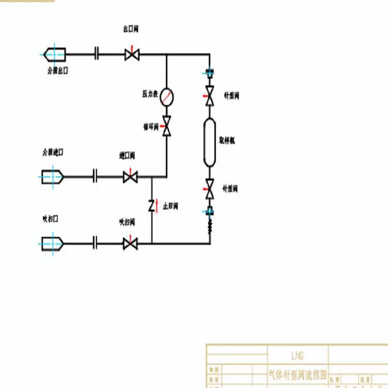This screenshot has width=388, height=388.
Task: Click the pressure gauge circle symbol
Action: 167,95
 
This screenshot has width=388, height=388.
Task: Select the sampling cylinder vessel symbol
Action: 210,142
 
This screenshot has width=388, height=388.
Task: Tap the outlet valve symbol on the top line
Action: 131,54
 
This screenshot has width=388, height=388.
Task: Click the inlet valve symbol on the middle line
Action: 130,177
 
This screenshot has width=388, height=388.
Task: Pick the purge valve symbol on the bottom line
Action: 130,243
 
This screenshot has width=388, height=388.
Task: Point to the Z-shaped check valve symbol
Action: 152,205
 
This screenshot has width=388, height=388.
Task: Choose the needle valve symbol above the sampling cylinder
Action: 210,96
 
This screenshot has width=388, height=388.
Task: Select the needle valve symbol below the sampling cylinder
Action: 210,189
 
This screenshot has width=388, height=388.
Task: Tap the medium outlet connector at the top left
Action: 54,53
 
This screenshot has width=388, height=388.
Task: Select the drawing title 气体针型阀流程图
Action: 299,372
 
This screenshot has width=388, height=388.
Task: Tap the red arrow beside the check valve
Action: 157,205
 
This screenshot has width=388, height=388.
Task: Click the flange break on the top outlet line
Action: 97,54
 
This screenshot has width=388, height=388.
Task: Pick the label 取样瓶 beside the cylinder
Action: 227,140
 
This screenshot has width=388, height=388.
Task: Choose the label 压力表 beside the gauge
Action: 150,94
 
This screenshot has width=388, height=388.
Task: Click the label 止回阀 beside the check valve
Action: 170,206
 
